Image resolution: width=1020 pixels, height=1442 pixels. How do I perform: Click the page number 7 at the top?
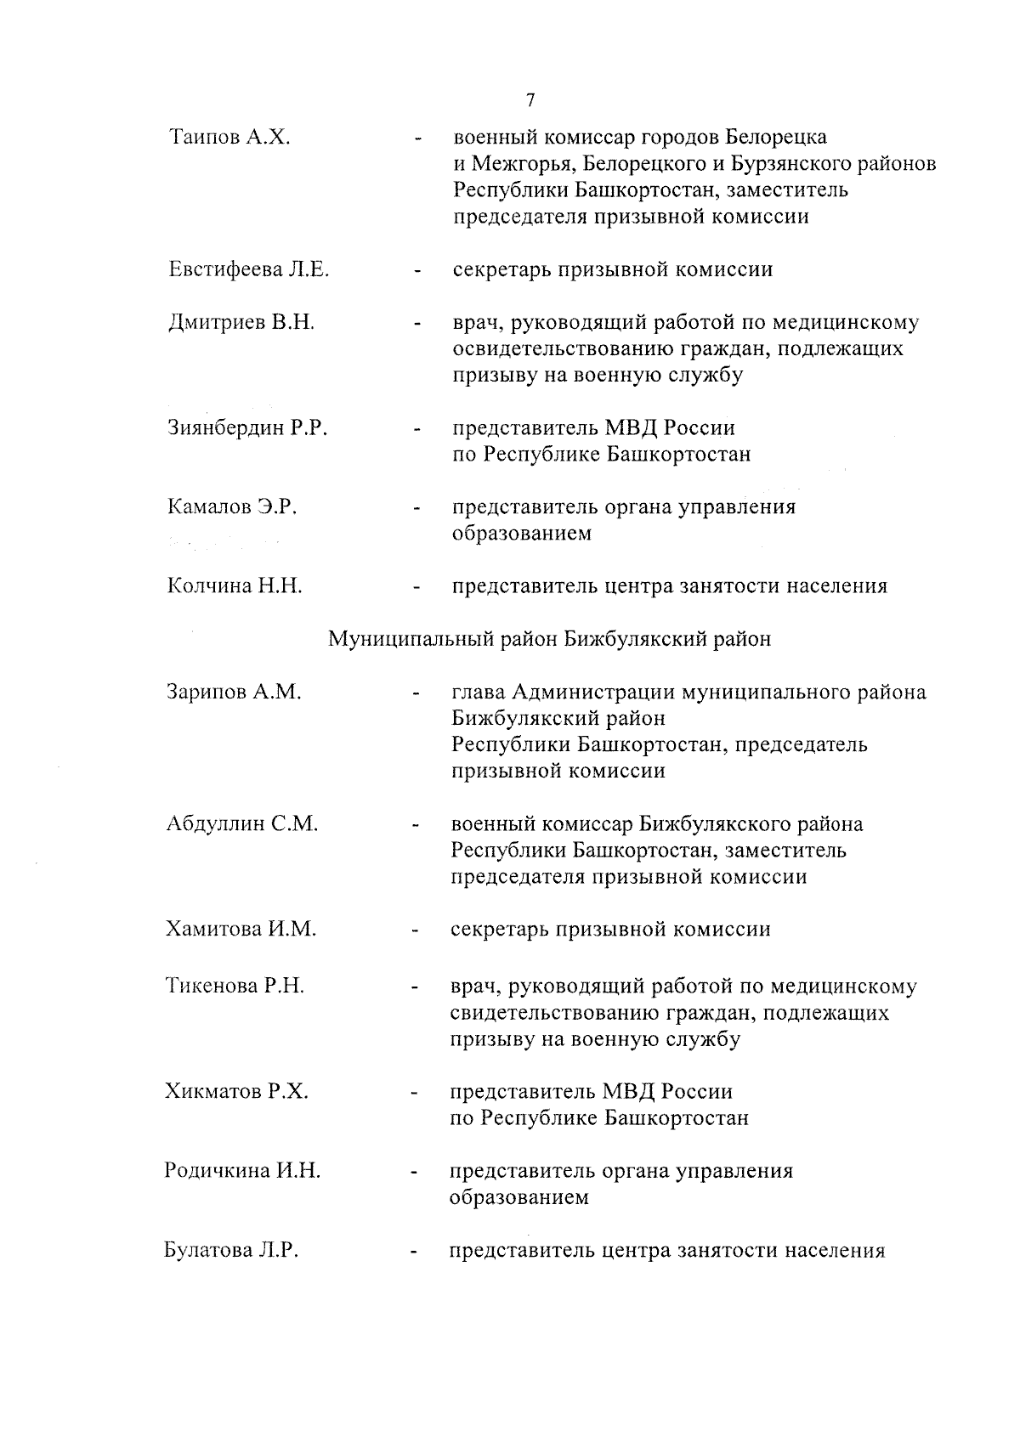click(x=530, y=100)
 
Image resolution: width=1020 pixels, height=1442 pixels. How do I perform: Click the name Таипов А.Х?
click(x=229, y=137)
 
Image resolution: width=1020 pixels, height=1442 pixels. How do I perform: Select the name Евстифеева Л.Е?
click(x=248, y=270)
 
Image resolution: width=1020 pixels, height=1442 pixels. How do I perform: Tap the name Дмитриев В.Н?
click(x=241, y=323)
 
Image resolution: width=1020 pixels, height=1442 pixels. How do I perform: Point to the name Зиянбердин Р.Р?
click(x=247, y=428)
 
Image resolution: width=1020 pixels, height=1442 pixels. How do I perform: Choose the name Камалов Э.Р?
click(x=231, y=507)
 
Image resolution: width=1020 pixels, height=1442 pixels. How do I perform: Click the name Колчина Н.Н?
click(x=235, y=586)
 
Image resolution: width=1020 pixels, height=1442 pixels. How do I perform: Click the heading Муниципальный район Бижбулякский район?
click(x=550, y=639)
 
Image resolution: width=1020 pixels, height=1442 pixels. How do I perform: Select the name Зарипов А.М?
click(x=234, y=692)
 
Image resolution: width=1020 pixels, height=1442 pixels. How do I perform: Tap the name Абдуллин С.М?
click(x=242, y=823)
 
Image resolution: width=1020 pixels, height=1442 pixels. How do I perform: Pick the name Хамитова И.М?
click(x=241, y=929)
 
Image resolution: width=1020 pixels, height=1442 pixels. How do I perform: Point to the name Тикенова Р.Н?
click(x=235, y=987)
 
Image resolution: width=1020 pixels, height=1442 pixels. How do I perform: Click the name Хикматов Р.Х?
click(x=236, y=1091)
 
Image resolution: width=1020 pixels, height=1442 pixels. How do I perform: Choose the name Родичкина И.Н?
click(x=242, y=1171)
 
